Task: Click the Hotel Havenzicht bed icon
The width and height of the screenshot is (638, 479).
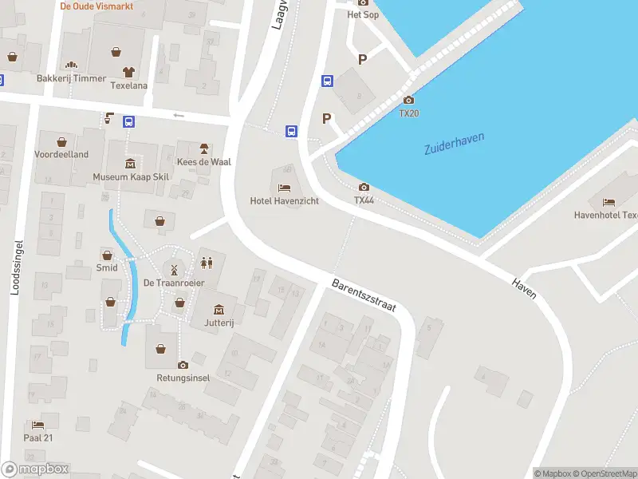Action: click(285, 188)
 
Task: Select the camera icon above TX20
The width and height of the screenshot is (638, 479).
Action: click(408, 100)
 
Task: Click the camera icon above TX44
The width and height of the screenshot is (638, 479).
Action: click(364, 187)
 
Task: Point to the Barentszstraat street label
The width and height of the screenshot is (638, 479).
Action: click(364, 295)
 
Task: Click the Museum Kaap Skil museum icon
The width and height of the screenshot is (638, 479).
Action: click(130, 164)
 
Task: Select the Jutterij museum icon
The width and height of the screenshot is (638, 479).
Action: click(219, 310)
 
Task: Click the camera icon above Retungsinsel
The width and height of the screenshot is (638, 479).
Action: click(183, 365)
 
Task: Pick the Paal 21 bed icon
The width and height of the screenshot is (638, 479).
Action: click(37, 425)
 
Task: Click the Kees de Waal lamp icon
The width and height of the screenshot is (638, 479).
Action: click(203, 148)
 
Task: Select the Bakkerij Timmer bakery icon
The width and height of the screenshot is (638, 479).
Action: click(70, 65)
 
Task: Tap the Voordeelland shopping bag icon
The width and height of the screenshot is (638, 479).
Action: click(61, 141)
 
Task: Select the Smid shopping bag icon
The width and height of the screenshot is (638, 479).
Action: click(107, 255)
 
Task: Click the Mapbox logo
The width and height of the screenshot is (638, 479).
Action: click(35, 469)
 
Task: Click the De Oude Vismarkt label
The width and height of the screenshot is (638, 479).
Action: click(96, 6)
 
